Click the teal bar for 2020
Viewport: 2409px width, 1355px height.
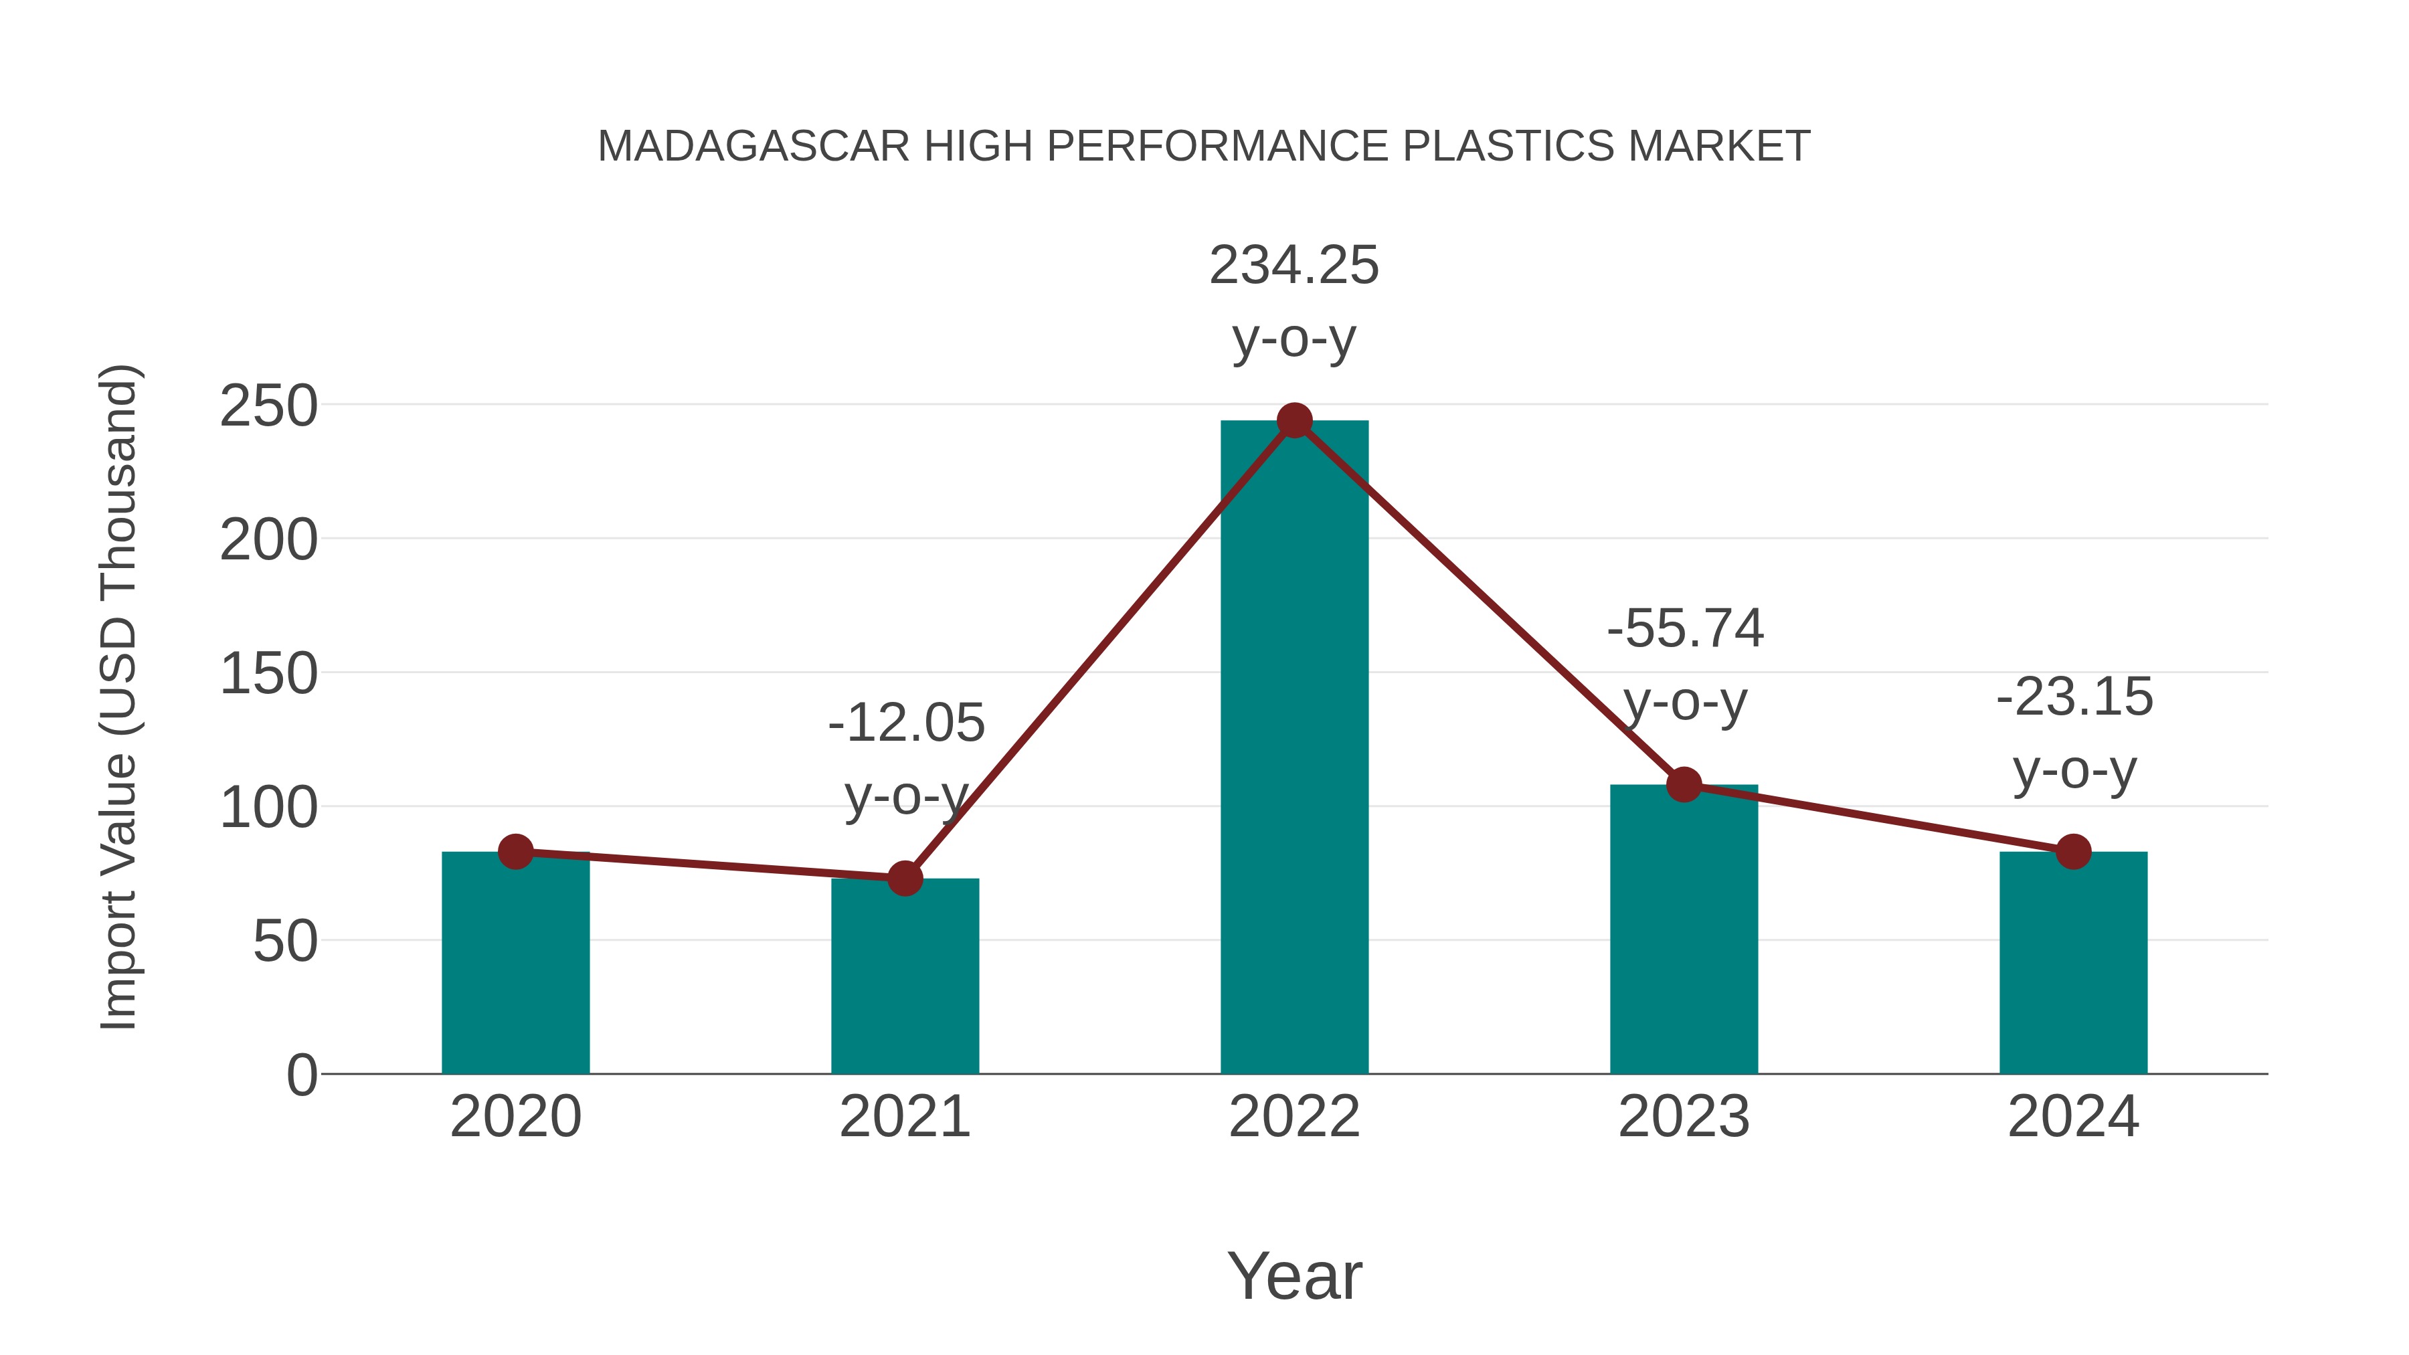[x=515, y=963]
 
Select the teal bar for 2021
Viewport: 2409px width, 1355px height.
[x=904, y=976]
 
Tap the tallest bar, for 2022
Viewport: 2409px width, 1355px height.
[x=1294, y=748]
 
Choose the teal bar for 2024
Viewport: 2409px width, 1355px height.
[x=2073, y=963]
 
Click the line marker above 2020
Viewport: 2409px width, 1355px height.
[x=515, y=852]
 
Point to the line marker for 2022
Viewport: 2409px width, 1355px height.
[x=1294, y=421]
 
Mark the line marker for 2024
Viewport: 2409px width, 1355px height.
[x=2073, y=852]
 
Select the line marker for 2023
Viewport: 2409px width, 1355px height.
[x=1684, y=785]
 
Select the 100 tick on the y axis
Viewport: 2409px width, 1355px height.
[x=268, y=808]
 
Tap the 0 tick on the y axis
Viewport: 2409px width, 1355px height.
[x=301, y=1075]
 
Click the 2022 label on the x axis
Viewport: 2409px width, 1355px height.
[x=1294, y=1117]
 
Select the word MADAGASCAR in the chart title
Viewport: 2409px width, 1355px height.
[x=753, y=147]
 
